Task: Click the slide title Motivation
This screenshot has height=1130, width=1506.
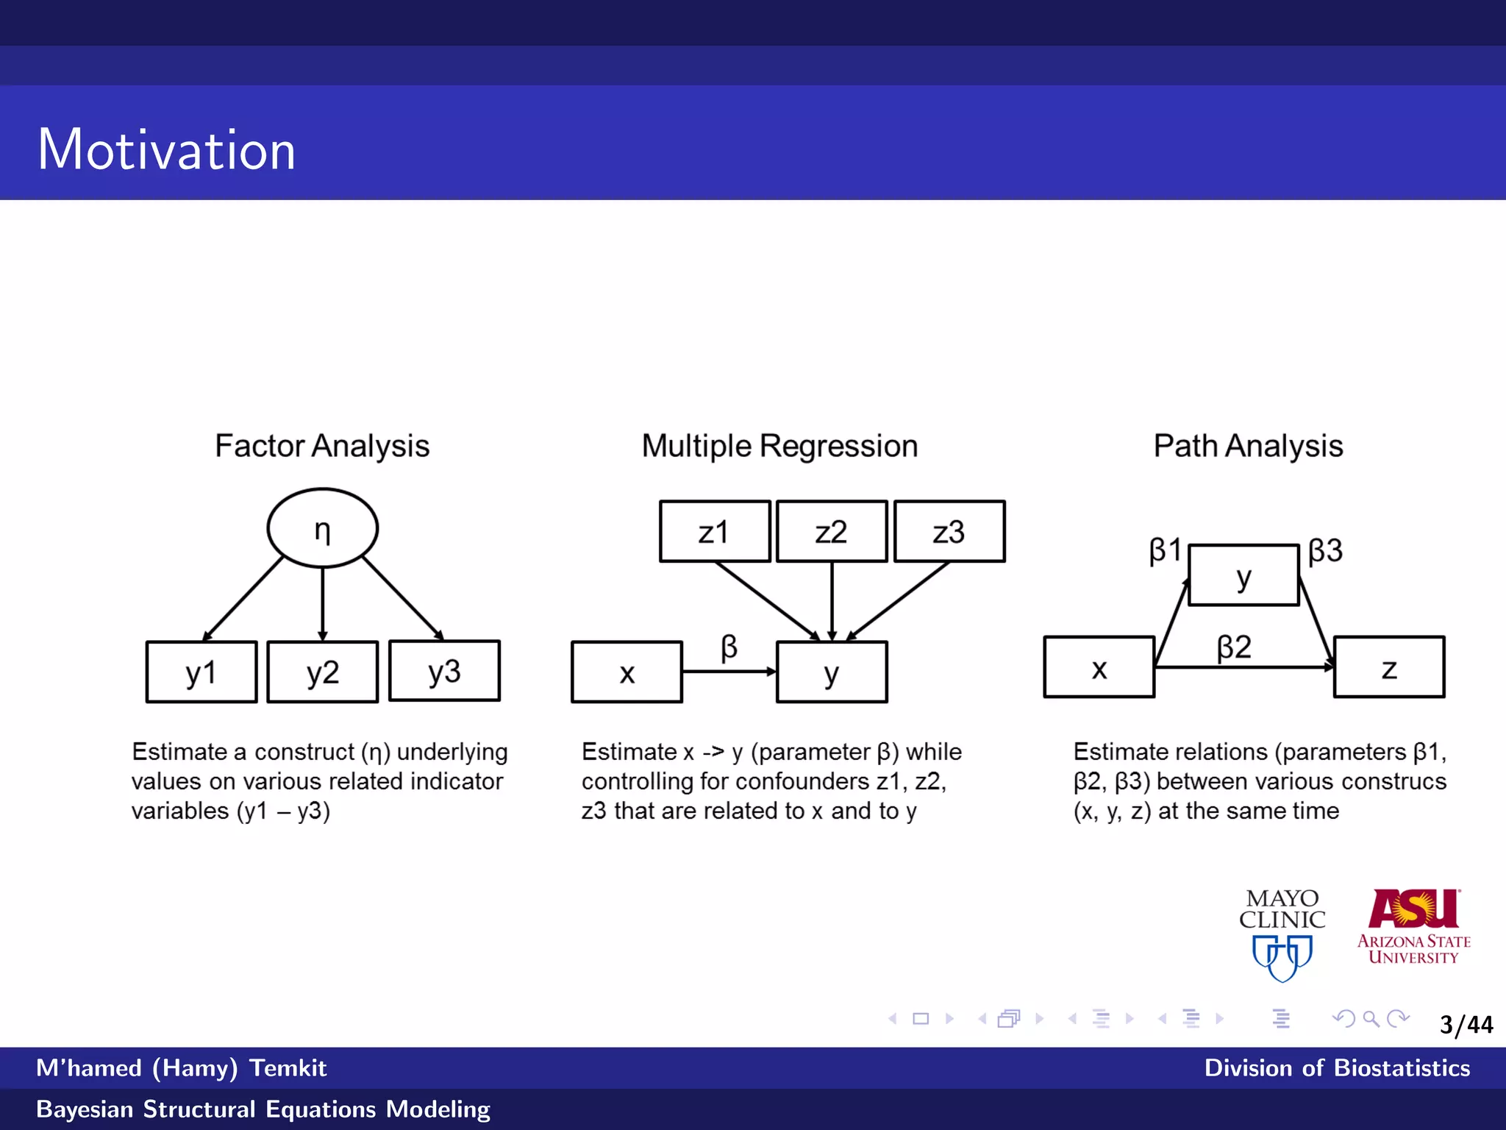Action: click(166, 149)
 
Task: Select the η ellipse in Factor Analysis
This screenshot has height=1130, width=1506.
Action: click(322, 528)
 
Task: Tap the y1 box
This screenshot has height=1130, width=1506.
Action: click(201, 672)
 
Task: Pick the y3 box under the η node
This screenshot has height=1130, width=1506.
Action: click(444, 670)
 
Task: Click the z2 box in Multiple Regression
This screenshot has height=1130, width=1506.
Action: click(832, 531)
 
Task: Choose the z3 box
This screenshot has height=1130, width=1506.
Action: click(949, 531)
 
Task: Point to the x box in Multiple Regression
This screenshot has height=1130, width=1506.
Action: click(627, 672)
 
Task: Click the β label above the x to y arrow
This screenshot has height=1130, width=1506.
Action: click(729, 647)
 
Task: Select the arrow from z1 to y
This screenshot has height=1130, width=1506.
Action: click(767, 600)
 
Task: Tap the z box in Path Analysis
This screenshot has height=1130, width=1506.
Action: click(1388, 667)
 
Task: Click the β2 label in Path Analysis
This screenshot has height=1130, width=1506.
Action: click(1234, 647)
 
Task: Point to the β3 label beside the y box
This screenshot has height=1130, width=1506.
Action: click(1325, 550)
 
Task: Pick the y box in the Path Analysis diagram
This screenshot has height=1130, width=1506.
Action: click(1243, 575)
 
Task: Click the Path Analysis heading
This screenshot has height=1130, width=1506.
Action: click(1248, 446)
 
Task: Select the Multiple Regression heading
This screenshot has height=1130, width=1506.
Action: click(779, 446)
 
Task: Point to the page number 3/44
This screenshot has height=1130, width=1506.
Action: click(1466, 1024)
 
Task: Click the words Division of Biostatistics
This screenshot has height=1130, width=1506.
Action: click(1336, 1067)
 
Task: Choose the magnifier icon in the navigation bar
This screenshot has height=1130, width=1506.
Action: click(1371, 1018)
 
